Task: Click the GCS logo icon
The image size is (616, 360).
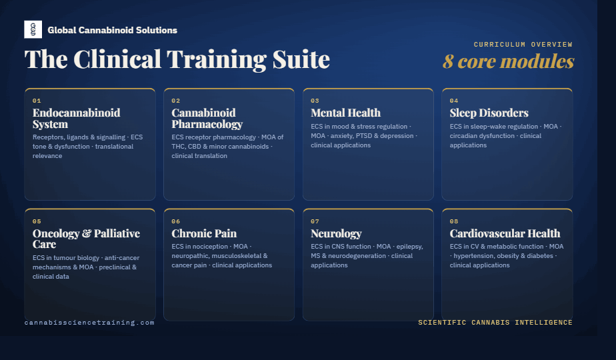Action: click(x=33, y=29)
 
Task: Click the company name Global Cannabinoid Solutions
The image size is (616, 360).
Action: click(x=113, y=30)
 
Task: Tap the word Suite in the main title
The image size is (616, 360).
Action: click(x=301, y=60)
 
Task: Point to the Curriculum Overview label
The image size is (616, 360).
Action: click(x=523, y=45)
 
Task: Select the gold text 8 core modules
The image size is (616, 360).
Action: click(x=509, y=61)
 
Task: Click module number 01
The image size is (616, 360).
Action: click(x=37, y=101)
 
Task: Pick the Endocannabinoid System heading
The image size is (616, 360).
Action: click(x=76, y=118)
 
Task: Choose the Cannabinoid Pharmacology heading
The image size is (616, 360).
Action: click(x=207, y=118)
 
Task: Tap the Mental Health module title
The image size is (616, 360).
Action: click(x=346, y=113)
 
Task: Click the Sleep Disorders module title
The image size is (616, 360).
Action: click(x=489, y=113)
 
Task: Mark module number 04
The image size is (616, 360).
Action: click(x=454, y=101)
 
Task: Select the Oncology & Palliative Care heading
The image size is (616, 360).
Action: click(x=86, y=239)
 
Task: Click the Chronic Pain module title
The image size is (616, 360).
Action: click(x=204, y=233)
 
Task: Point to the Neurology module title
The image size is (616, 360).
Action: click(x=336, y=234)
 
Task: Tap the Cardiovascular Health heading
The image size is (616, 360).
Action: click(x=505, y=233)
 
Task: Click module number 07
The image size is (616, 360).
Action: click(x=315, y=221)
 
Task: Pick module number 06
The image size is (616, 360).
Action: click(x=175, y=221)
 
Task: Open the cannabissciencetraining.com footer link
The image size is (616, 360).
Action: click(x=89, y=323)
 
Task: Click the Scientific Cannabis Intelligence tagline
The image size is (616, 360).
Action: click(x=495, y=323)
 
